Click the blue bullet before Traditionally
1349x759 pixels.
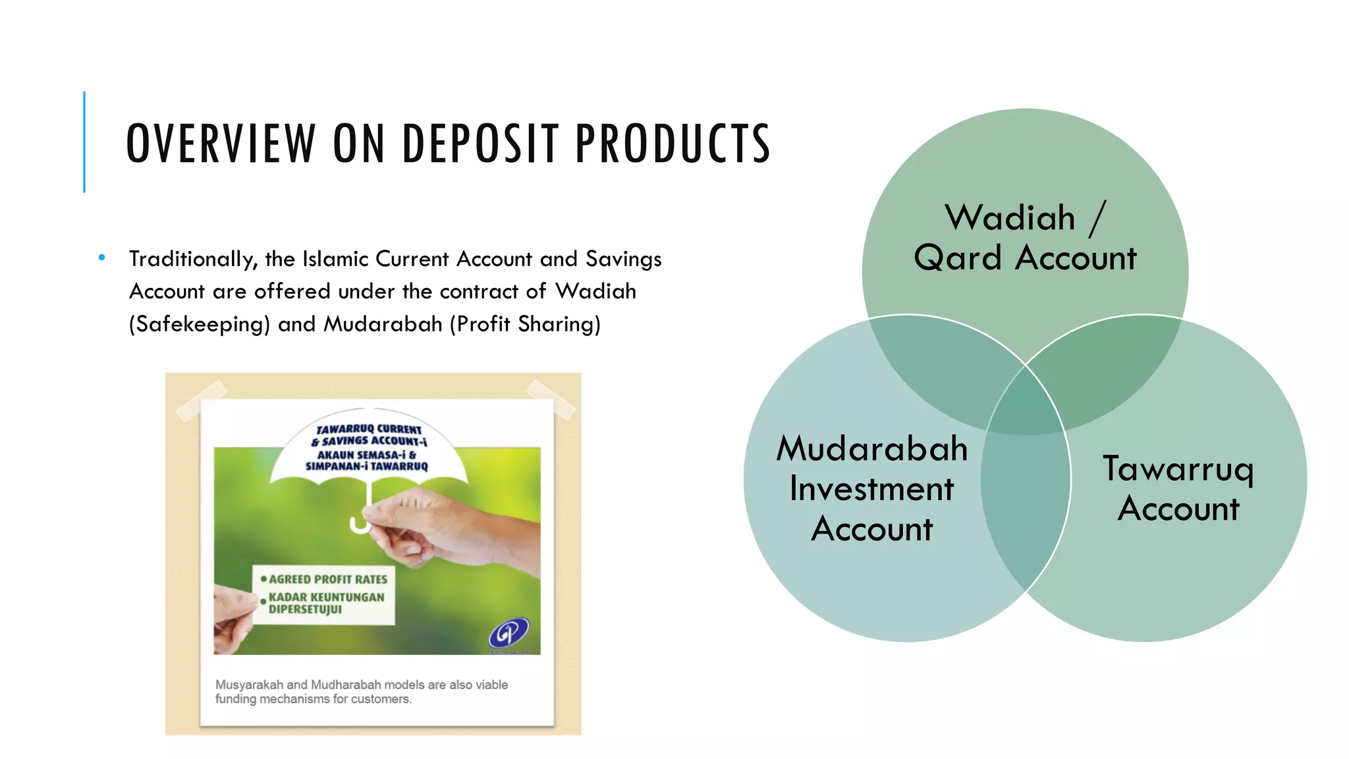click(x=101, y=258)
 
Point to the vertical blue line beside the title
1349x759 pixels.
click(x=84, y=142)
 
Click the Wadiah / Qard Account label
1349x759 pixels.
click(x=1025, y=237)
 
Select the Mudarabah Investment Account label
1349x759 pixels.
click(x=871, y=488)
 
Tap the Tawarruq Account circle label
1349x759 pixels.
click(x=1178, y=488)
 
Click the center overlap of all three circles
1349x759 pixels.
click(x=1026, y=408)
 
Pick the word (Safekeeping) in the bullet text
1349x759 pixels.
click(x=200, y=324)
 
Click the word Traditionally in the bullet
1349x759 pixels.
click(x=192, y=259)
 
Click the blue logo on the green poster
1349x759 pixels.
click(x=508, y=633)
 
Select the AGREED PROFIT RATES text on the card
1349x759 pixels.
click(x=327, y=579)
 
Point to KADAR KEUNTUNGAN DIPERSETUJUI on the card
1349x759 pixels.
click(x=325, y=603)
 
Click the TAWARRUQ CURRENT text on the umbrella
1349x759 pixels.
click(x=369, y=429)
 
